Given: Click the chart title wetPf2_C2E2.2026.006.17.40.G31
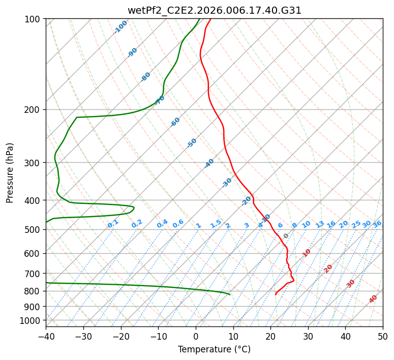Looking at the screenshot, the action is click(215, 11).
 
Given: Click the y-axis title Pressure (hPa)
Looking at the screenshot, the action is click(10, 173).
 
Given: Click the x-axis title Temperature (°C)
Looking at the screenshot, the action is click(215, 349).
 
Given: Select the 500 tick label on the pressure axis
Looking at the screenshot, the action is click(34, 229).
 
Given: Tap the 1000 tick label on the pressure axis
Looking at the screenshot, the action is click(32, 321).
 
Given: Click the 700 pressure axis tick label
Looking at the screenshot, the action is click(34, 273).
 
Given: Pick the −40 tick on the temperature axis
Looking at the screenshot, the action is click(46, 336).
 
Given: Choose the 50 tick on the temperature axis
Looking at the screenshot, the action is click(383, 336).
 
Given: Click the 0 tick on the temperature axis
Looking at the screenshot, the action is click(196, 336).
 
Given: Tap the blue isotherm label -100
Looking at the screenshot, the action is click(120, 27).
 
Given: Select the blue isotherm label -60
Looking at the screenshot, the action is click(175, 122).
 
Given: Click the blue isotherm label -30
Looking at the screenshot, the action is click(227, 183).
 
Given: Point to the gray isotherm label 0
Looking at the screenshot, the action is click(286, 236).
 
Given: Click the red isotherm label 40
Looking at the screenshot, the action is click(373, 299).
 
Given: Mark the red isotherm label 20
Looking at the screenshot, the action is click(328, 269).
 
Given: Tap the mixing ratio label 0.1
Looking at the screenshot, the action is click(113, 224).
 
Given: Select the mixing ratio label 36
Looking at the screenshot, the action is click(377, 224).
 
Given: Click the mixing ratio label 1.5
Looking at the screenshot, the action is click(216, 224).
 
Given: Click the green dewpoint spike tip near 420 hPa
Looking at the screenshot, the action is click(134, 207).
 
